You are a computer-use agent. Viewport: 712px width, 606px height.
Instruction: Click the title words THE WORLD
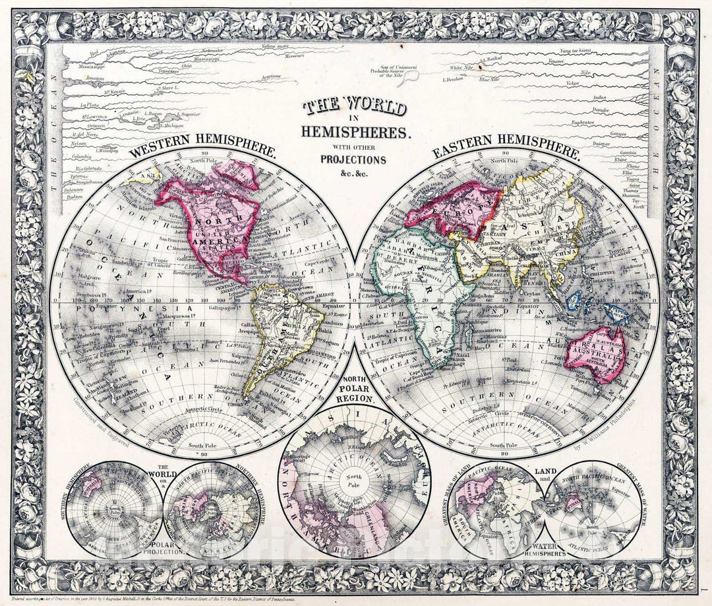[x=354, y=106]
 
